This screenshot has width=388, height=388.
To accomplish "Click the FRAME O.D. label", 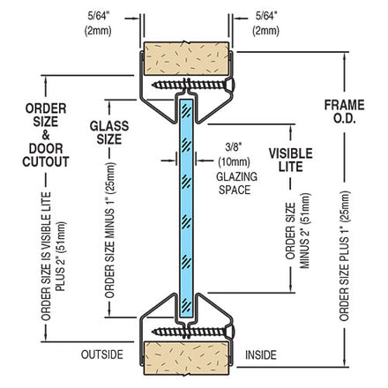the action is click(x=344, y=112).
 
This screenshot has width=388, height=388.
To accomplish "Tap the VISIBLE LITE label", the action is click(x=291, y=160).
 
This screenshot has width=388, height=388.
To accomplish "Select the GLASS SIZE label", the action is click(x=109, y=132).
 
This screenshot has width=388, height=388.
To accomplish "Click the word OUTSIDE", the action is click(x=102, y=354).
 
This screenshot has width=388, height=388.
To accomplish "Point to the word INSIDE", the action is click(x=261, y=354).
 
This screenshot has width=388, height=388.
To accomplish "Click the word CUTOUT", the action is click(x=46, y=161).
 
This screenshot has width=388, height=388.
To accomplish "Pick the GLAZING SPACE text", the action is click(x=236, y=183).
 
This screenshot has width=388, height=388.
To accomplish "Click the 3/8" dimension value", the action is click(x=233, y=147).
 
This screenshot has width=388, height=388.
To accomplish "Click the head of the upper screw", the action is click(x=230, y=85).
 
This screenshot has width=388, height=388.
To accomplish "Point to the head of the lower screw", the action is click(x=230, y=332).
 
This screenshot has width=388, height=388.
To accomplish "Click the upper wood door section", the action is click(x=186, y=58).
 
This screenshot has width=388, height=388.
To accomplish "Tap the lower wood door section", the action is click(x=186, y=358).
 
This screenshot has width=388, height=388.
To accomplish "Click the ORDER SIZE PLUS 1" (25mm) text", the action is click(x=345, y=256).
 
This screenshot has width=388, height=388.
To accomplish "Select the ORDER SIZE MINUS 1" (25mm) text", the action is click(x=110, y=230).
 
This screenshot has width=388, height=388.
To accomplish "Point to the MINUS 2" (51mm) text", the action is click(x=305, y=230).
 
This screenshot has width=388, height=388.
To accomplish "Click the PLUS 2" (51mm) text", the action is click(x=61, y=256).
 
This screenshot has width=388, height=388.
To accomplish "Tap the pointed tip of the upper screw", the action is click(x=153, y=85).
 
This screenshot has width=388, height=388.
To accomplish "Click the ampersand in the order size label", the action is click(x=46, y=135).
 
